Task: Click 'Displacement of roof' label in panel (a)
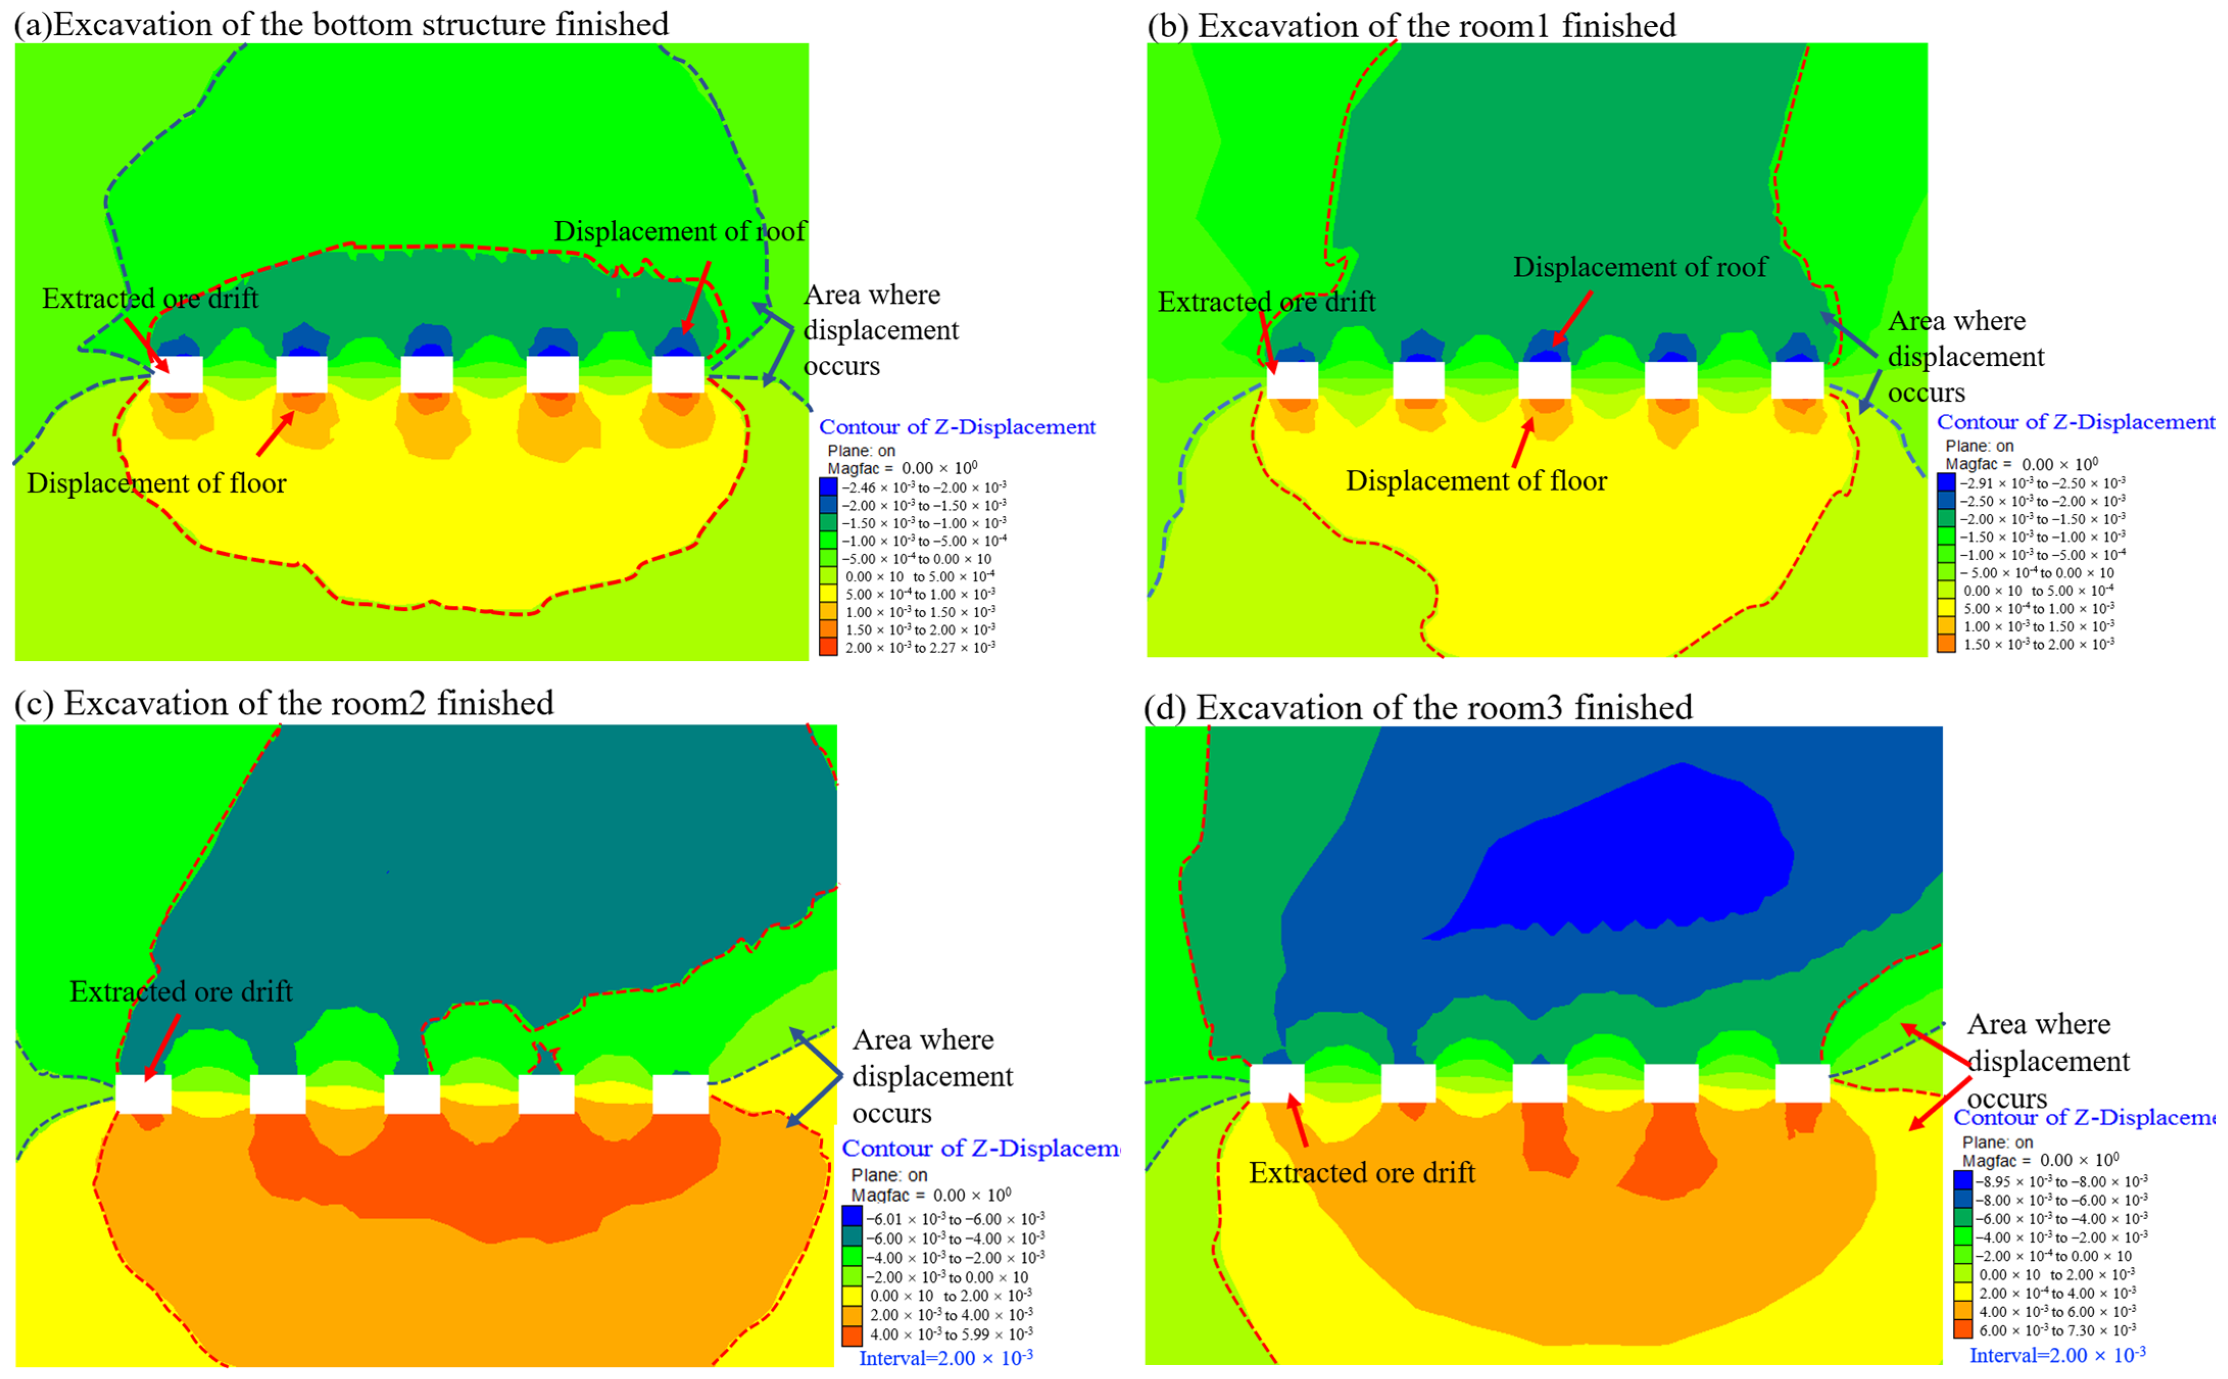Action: [679, 232]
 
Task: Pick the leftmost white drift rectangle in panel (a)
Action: [177, 375]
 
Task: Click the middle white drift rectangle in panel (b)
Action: [1544, 379]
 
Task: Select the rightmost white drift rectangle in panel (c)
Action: [680, 1094]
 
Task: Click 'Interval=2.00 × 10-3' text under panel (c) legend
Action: [946, 1358]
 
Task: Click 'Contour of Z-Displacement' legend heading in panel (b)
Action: [2075, 422]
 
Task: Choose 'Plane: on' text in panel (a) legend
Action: [861, 451]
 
